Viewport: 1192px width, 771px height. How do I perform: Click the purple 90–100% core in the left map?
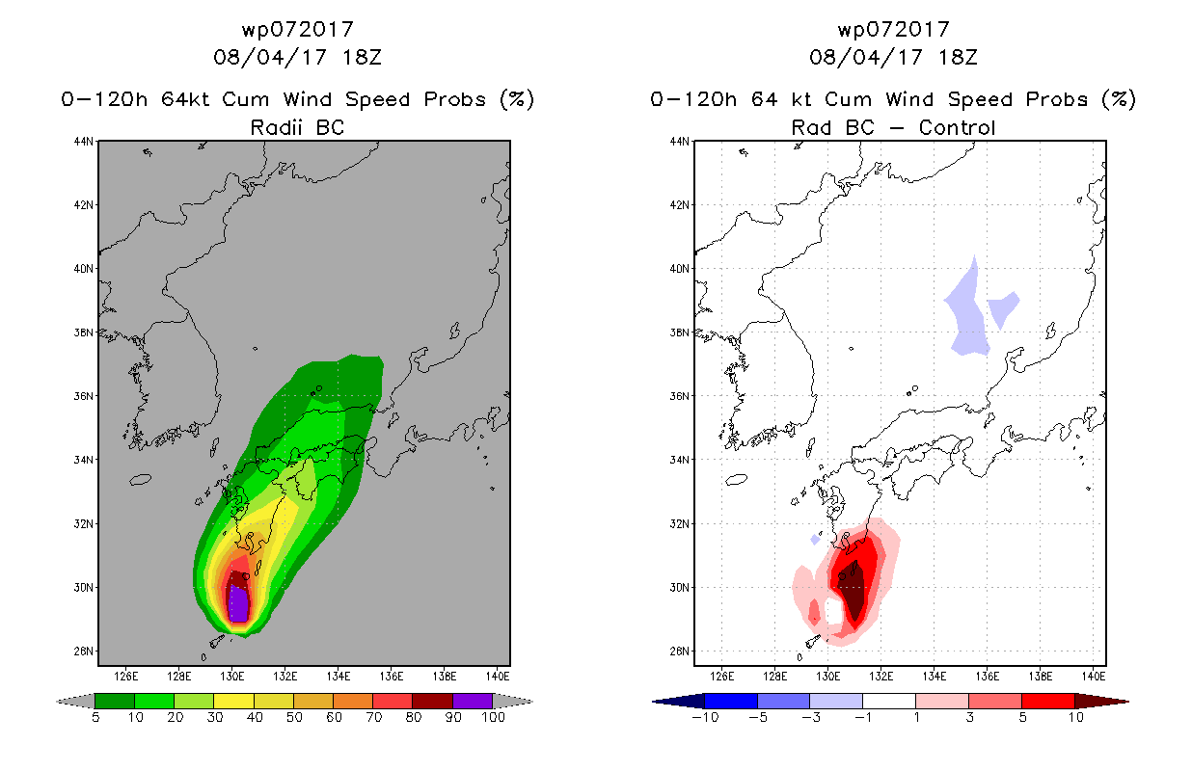click(x=238, y=603)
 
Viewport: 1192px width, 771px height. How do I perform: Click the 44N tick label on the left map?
click(x=84, y=141)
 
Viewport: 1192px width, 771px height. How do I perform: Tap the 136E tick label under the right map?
click(x=987, y=677)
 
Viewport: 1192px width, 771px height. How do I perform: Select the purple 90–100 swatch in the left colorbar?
click(x=473, y=701)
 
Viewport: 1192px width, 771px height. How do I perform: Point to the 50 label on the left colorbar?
click(x=294, y=717)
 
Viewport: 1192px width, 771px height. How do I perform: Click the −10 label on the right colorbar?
click(x=705, y=717)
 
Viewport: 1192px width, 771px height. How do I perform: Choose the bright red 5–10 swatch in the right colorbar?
click(x=1047, y=701)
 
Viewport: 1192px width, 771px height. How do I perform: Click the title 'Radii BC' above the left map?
click(x=297, y=127)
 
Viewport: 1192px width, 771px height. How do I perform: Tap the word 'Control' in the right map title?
click(x=957, y=127)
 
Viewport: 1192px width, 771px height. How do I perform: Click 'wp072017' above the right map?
click(x=893, y=29)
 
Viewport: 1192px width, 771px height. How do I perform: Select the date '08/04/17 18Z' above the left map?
click(x=297, y=57)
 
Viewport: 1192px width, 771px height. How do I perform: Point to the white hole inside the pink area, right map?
click(x=833, y=611)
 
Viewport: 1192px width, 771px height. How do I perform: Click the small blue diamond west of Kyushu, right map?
click(x=815, y=540)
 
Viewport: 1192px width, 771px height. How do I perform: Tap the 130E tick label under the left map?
click(x=231, y=677)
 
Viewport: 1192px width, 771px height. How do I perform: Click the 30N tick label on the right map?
click(x=680, y=588)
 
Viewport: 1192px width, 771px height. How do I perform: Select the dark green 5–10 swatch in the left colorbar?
click(x=115, y=701)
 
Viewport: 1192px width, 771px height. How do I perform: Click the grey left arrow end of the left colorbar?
click(x=75, y=702)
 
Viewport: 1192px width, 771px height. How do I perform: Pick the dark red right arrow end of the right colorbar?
click(x=1101, y=702)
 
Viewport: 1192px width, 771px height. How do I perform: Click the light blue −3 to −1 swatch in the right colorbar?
click(x=836, y=701)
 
